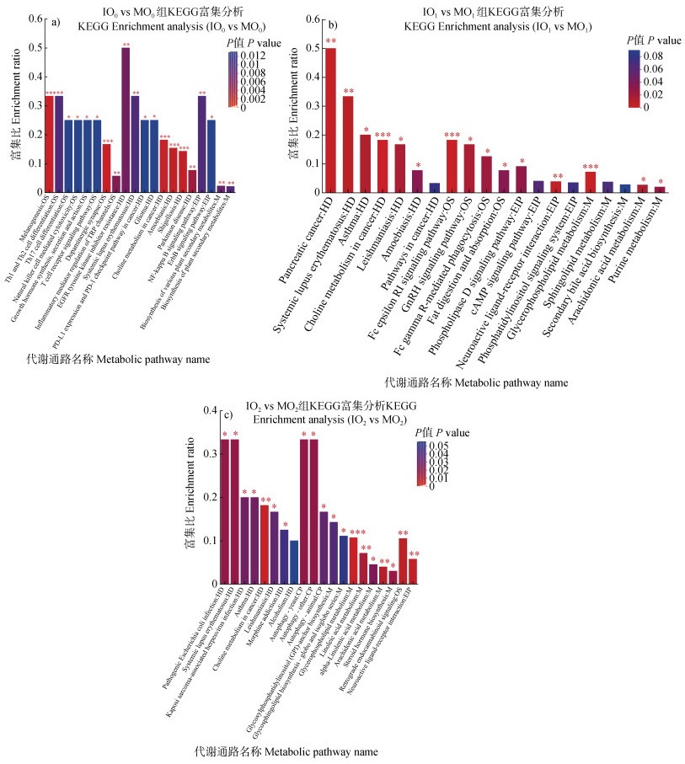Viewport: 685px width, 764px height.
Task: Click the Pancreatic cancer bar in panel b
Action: pyautogui.click(x=330, y=120)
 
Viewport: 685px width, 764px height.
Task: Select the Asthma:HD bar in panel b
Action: pyautogui.click(x=365, y=163)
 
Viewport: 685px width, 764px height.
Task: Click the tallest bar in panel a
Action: pyautogui.click(x=126, y=120)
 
